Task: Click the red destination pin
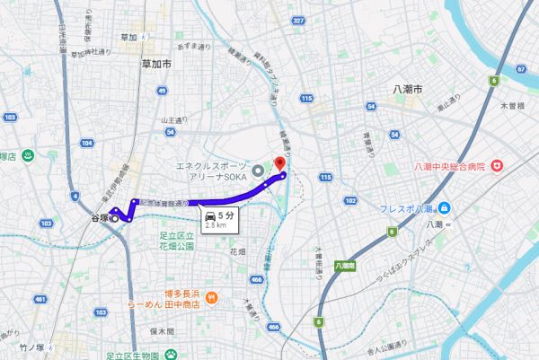pyautogui.click(x=278, y=163)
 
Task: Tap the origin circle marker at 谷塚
pyautogui.click(x=114, y=218)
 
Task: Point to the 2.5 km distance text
pyautogui.click(x=216, y=227)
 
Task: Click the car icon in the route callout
pyautogui.click(x=209, y=216)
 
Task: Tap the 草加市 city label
pyautogui.click(x=156, y=64)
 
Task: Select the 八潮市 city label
pyautogui.click(x=407, y=90)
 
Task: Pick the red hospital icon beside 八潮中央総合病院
pyautogui.click(x=497, y=166)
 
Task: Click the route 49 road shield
pyautogui.click(x=161, y=91)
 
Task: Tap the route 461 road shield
pyautogui.click(x=40, y=298)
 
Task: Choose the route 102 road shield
pyautogui.click(x=351, y=201)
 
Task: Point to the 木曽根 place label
pyautogui.click(x=512, y=106)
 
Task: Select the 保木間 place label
pyautogui.click(x=162, y=330)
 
